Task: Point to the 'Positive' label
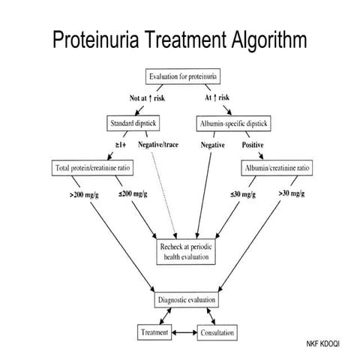(254, 145)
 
